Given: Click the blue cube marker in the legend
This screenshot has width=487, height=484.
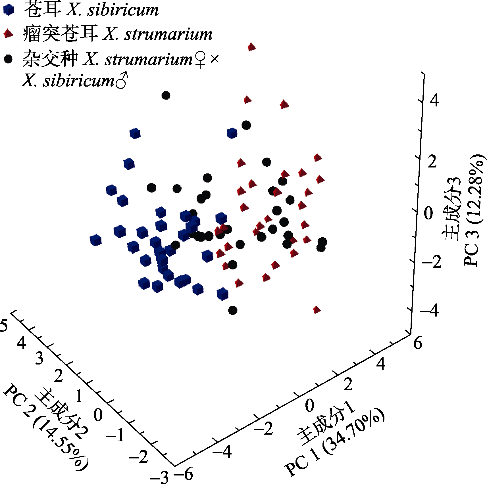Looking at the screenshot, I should [8, 10].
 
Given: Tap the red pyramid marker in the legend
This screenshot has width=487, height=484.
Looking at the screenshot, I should [8, 34].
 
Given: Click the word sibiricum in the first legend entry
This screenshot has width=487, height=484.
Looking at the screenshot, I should [123, 10].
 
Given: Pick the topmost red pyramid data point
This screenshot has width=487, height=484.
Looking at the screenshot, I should [251, 47].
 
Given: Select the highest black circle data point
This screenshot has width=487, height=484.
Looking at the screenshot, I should [166, 95].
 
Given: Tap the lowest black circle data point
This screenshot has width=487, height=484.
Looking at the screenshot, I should [233, 310].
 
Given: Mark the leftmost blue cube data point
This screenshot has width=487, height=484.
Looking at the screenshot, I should [96, 240].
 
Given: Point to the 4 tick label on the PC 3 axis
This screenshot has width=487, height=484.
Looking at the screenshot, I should [434, 100].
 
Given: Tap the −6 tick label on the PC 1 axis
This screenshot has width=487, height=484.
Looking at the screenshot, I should [184, 473].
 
